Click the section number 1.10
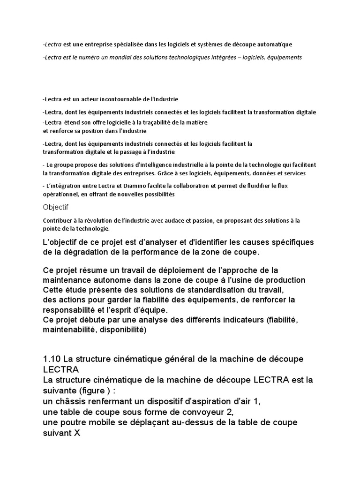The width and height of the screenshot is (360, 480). (52, 359)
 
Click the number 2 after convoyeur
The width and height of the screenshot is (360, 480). (229, 412)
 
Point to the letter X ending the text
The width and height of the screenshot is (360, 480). (77, 433)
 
